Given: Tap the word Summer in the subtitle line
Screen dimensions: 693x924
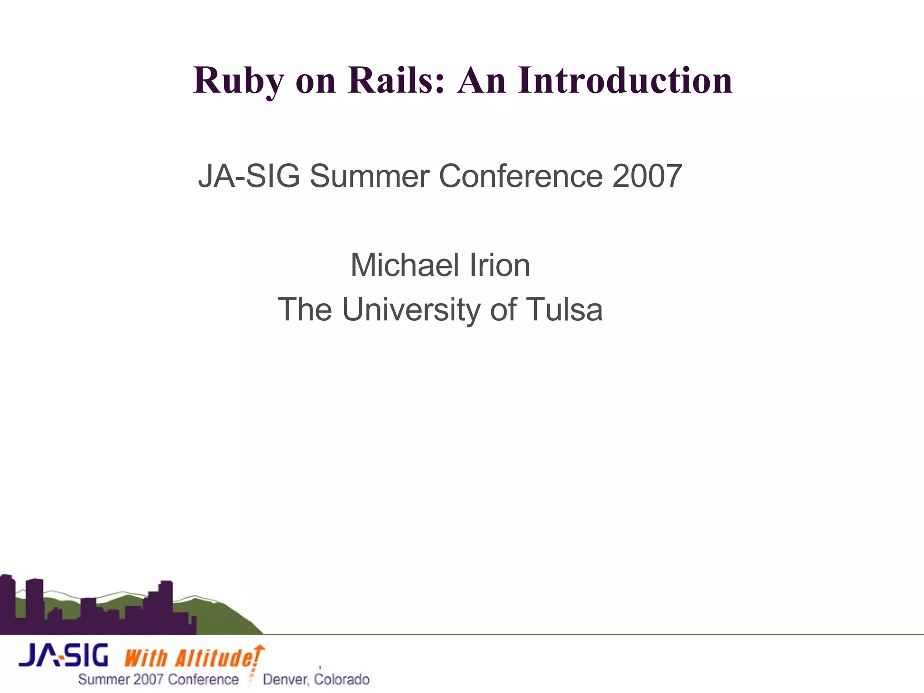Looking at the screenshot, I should click(369, 176).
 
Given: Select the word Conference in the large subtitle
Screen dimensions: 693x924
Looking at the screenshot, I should click(520, 176).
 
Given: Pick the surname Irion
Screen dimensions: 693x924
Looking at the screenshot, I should click(500, 265).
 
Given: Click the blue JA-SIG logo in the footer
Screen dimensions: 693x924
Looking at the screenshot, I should click(64, 656).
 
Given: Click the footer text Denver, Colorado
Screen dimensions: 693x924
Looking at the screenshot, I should click(316, 679).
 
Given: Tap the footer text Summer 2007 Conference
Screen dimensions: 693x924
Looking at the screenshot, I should click(158, 679).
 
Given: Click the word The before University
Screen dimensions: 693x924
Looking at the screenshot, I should click(305, 310).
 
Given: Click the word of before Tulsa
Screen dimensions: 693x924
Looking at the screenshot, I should click(503, 310).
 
